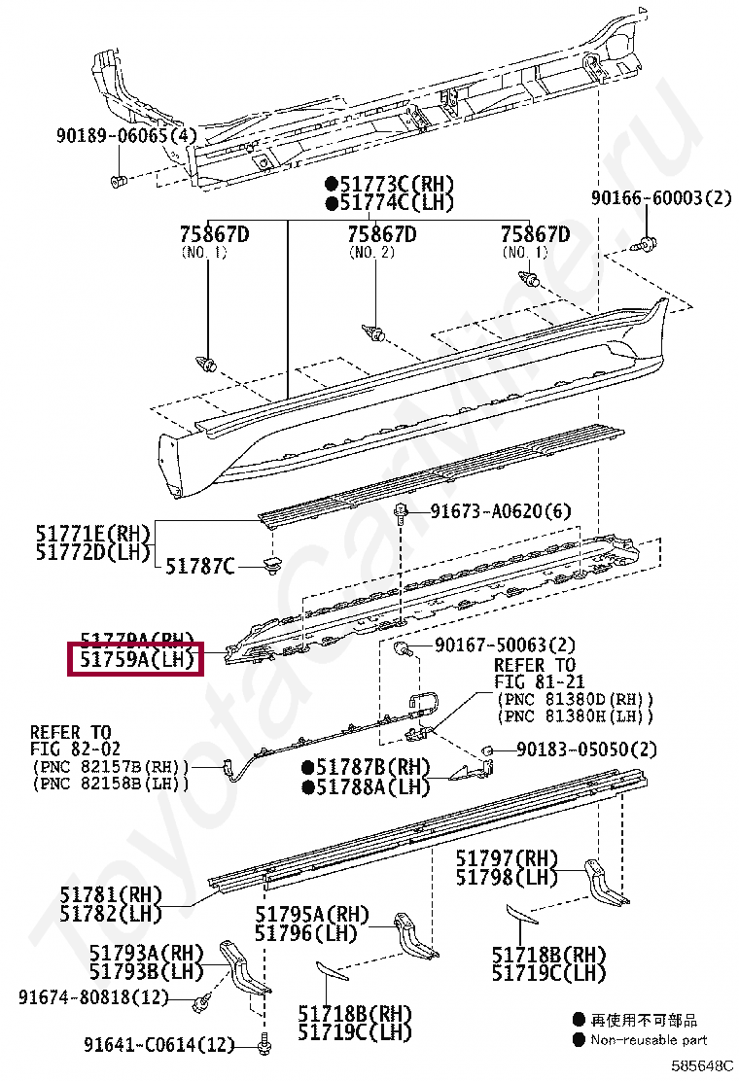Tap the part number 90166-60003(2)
660,198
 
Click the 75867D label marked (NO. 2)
382,234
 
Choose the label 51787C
199,565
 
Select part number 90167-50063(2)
505,645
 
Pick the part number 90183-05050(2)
586,750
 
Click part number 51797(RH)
508,858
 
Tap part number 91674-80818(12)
92,997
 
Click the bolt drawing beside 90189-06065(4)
118,181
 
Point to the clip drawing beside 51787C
271,564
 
